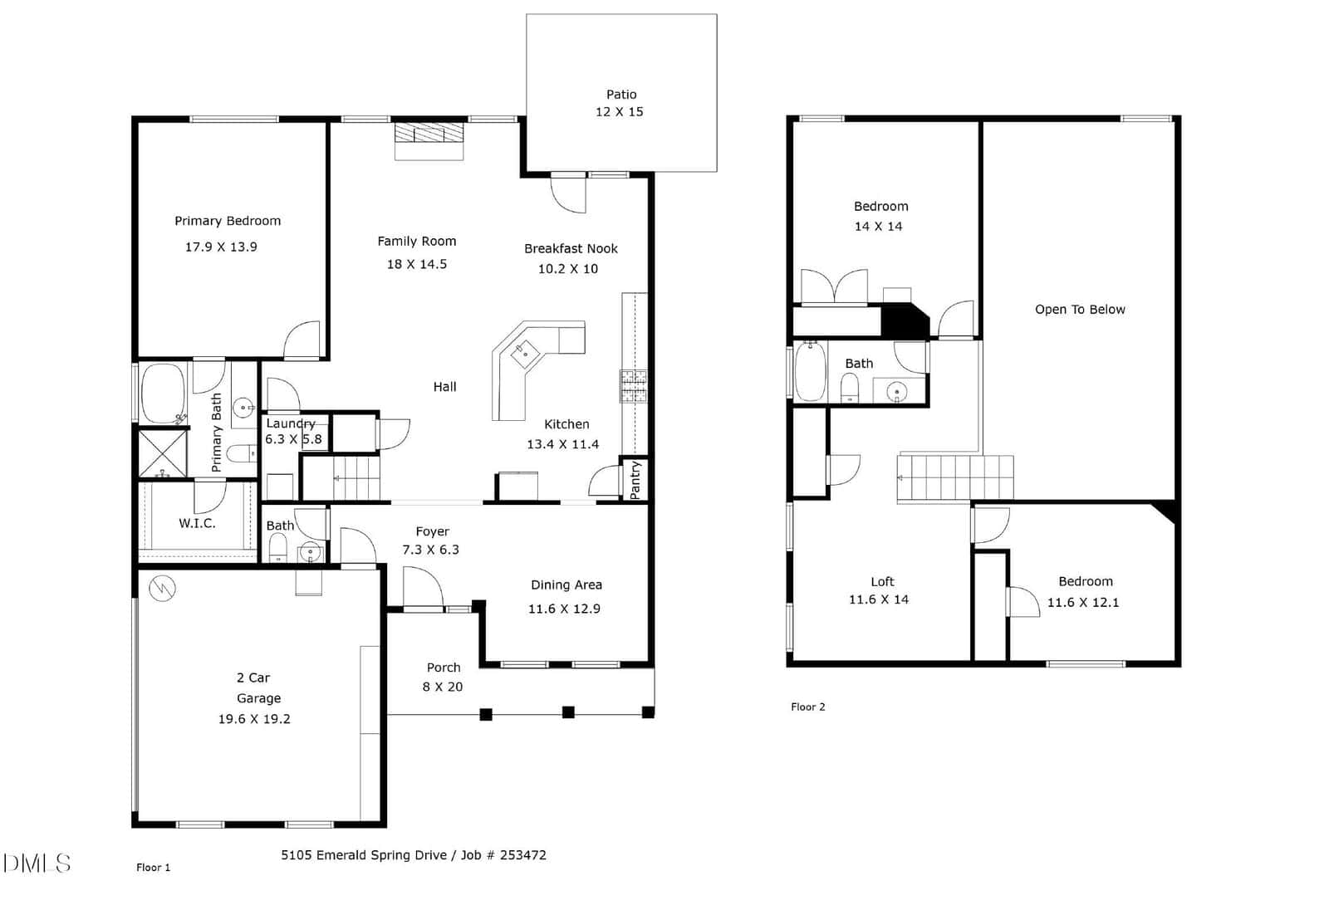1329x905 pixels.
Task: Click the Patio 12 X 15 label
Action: coord(620,103)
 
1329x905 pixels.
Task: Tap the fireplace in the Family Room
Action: coord(429,140)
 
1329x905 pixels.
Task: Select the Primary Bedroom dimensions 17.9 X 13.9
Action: coord(221,247)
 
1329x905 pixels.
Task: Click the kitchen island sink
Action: coord(525,354)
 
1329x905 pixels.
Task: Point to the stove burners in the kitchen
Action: coord(634,386)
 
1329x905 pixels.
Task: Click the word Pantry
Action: coord(635,481)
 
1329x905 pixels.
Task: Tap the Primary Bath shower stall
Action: coord(163,453)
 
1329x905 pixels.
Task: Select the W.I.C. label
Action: coord(197,523)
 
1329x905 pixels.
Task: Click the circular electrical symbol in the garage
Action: coord(162,589)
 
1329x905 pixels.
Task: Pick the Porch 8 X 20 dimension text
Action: coord(443,687)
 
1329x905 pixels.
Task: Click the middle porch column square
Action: coord(568,712)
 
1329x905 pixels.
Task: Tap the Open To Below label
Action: coord(1080,310)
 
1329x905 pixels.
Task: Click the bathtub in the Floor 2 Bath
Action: coord(810,372)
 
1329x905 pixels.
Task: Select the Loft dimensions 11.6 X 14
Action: coord(879,599)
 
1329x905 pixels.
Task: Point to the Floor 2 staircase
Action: coord(955,478)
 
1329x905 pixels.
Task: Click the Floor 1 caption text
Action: coord(153,868)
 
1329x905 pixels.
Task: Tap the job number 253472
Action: coord(522,855)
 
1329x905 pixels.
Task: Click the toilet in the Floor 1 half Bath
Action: coord(277,548)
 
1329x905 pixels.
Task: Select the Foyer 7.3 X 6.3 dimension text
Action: coord(431,550)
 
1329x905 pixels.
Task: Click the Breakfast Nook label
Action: coord(571,248)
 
